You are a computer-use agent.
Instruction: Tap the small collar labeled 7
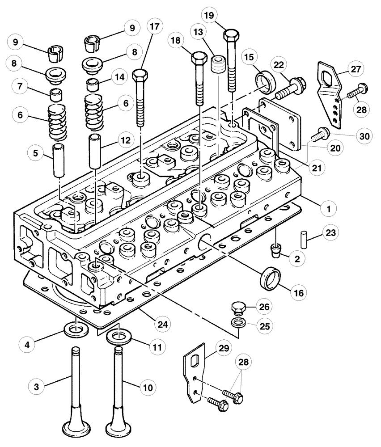[x=56, y=95]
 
